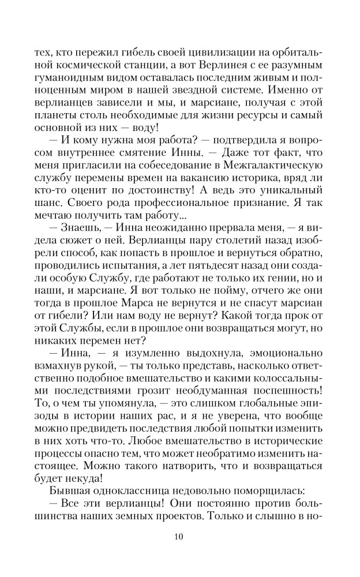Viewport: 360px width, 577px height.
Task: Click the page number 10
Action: (179, 536)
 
